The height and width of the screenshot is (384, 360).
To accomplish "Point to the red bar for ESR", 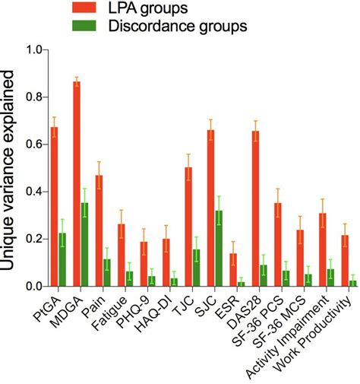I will click(233, 270).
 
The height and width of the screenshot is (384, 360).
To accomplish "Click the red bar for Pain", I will click(99, 231).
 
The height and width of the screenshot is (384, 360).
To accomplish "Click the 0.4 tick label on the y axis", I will click(33, 192).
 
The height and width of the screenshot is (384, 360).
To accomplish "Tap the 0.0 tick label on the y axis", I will click(33, 287).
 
